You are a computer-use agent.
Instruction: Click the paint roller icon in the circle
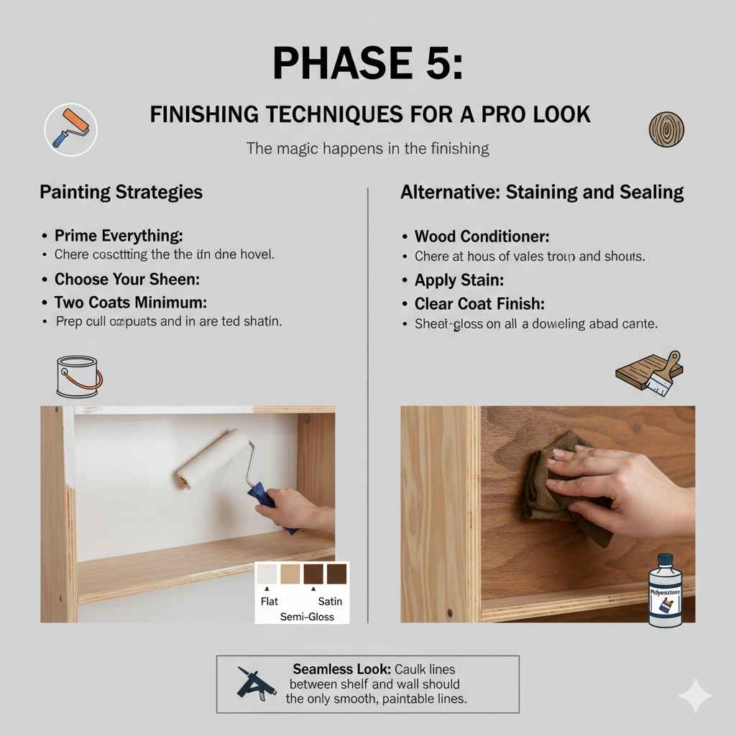pyautogui.click(x=70, y=129)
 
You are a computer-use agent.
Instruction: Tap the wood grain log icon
pyautogui.click(x=666, y=129)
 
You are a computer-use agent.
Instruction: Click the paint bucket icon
pyautogui.click(x=78, y=377)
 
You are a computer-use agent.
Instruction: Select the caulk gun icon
pyautogui.click(x=257, y=684)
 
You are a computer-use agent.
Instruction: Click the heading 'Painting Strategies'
pyautogui.click(x=121, y=192)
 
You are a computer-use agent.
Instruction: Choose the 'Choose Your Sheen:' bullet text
pyautogui.click(x=126, y=279)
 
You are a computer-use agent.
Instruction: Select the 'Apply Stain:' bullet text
pyautogui.click(x=459, y=280)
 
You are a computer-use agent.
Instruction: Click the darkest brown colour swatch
pyautogui.click(x=313, y=574)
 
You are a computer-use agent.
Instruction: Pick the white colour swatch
pyautogui.click(x=267, y=574)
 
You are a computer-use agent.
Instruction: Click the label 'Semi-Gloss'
pyautogui.click(x=307, y=617)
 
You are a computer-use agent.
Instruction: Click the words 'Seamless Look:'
pyautogui.click(x=332, y=669)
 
